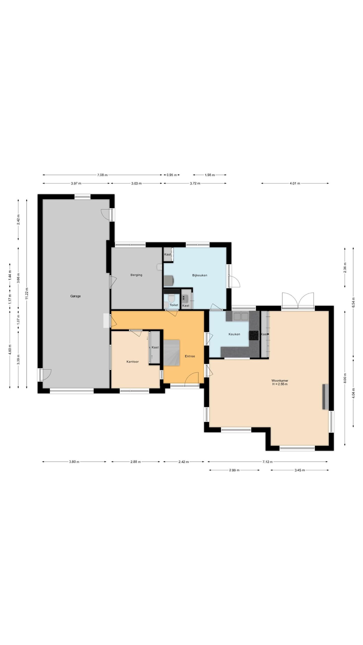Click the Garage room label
tap(75, 296)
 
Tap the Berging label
tap(136, 275)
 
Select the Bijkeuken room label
tap(200, 275)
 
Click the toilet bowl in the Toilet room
tap(171, 298)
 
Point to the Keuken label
tap(234, 334)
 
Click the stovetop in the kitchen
tap(254, 335)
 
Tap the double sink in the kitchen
tap(241, 316)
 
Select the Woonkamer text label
tap(280, 380)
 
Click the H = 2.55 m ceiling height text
tap(280, 384)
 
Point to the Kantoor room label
tap(133, 362)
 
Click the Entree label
tap(190, 356)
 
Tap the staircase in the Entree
tap(172, 352)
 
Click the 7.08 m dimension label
tap(102, 175)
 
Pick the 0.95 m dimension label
tap(172, 175)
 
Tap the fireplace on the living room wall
tap(325, 397)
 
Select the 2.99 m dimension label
tap(234, 470)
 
